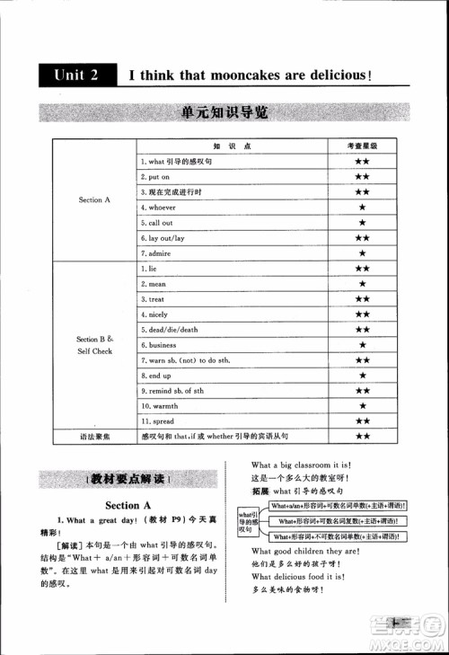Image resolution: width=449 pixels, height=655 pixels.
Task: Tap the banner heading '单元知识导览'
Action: pyautogui.click(x=224, y=113)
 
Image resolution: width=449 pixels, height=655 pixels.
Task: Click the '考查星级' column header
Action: pyautogui.click(x=362, y=146)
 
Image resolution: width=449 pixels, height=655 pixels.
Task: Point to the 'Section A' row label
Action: pyautogui.click(x=94, y=199)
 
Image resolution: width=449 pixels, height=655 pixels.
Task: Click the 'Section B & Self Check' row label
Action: pyautogui.click(x=94, y=345)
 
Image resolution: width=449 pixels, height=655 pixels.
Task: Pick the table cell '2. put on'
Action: pyautogui.click(x=155, y=177)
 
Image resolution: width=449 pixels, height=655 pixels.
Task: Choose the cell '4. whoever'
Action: pyautogui.click(x=159, y=208)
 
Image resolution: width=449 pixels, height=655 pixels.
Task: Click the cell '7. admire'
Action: pyautogui.click(x=156, y=253)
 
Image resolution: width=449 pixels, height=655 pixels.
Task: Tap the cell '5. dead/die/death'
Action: pyautogui.click(x=170, y=330)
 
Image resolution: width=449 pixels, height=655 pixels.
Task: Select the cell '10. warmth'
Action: pyautogui.click(x=160, y=405)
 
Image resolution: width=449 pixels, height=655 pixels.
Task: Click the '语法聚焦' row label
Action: pyautogui.click(x=94, y=437)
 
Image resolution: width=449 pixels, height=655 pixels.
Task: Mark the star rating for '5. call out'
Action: pyautogui.click(x=362, y=223)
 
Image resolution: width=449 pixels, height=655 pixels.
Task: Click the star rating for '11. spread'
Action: pyautogui.click(x=362, y=420)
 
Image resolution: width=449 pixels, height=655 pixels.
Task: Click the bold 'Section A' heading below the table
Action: pyautogui.click(x=122, y=505)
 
